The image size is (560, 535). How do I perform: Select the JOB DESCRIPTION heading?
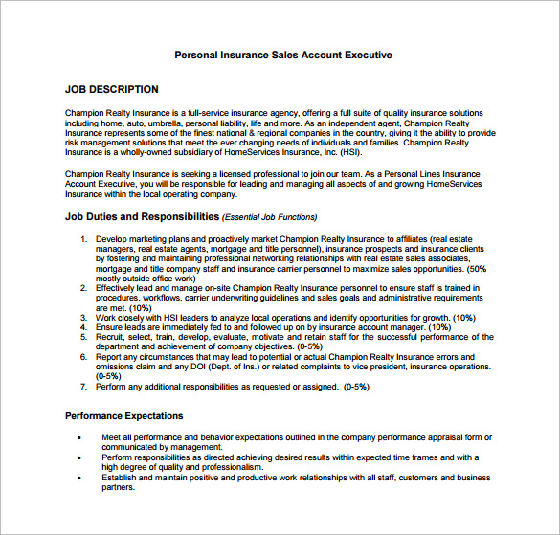click(x=112, y=89)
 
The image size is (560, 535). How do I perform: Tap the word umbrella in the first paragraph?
click(x=159, y=123)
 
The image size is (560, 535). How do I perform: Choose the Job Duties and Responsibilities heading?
click(x=142, y=216)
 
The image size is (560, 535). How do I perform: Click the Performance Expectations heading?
click(x=123, y=416)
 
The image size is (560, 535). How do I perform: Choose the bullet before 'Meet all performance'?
click(x=78, y=437)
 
